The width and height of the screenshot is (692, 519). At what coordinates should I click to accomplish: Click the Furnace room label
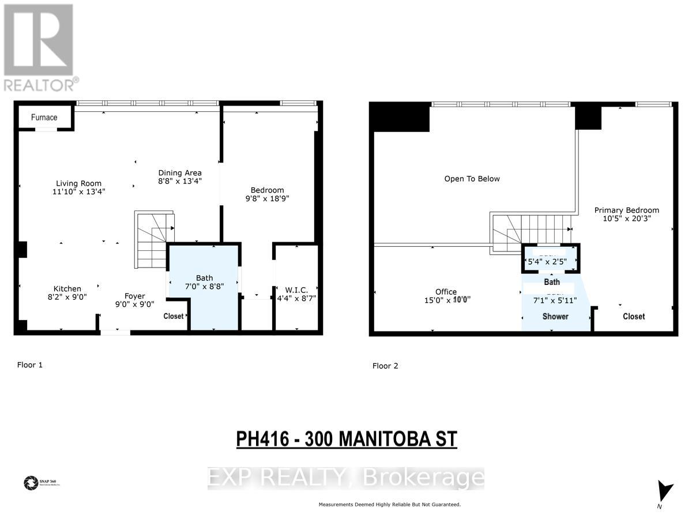[x=44, y=118]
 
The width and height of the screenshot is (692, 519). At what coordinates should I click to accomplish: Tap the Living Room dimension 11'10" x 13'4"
[x=79, y=191]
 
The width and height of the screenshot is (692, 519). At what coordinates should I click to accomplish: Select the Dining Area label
[x=180, y=172]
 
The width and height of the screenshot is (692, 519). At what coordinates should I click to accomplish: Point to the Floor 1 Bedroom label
[x=267, y=190]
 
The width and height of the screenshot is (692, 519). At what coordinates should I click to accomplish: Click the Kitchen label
[x=67, y=289]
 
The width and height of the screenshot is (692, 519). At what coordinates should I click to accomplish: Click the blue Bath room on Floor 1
[x=205, y=288]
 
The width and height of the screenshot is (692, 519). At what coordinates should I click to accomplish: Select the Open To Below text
[x=472, y=179]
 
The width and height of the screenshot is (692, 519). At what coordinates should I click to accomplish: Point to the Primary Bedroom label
[x=626, y=210]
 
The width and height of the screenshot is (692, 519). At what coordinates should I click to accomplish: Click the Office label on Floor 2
[x=446, y=292]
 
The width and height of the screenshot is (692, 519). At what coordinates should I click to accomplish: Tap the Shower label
[x=555, y=317]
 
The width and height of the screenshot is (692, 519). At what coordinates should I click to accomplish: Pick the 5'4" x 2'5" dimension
[x=547, y=261]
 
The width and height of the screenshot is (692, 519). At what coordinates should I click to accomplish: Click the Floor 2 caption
[x=385, y=366]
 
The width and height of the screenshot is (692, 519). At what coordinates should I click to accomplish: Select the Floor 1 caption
[x=30, y=364]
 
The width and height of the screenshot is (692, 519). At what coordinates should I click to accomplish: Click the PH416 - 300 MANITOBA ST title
[x=347, y=439]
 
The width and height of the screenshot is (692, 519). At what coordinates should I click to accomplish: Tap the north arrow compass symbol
[x=665, y=492]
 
